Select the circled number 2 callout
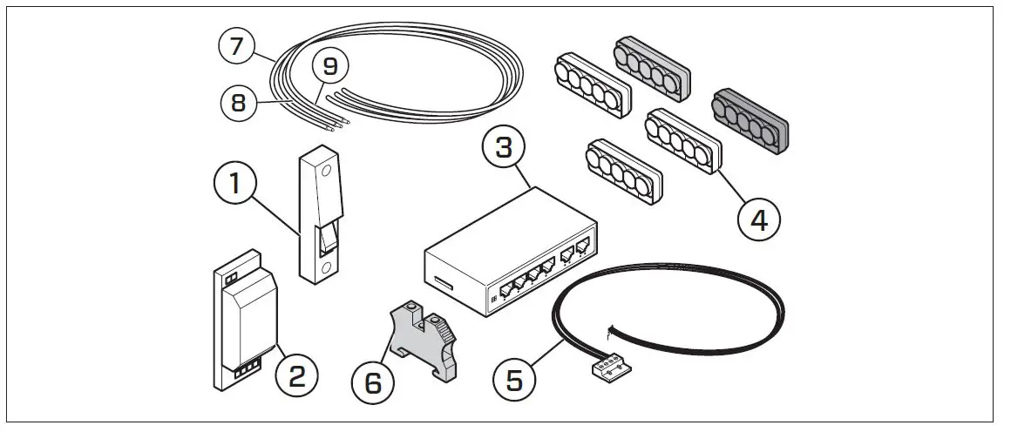297,376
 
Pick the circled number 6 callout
373,383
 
